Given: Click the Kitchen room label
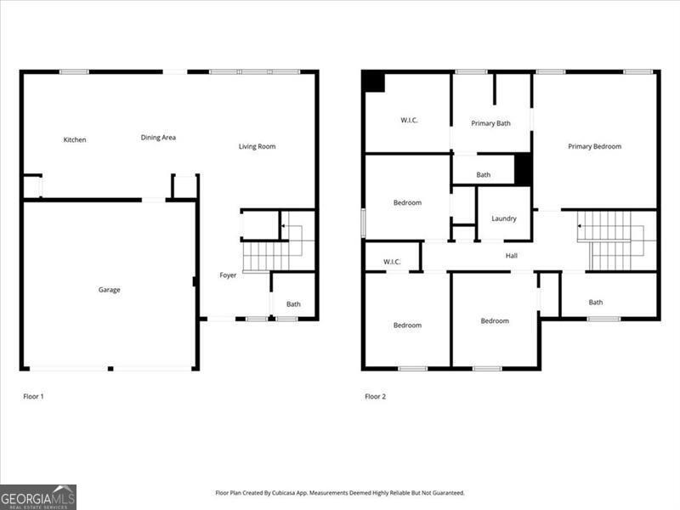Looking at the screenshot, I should (x=75, y=140).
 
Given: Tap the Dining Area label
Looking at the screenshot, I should (x=158, y=138).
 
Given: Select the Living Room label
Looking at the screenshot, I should (x=257, y=147).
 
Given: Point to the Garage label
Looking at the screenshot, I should (x=109, y=290).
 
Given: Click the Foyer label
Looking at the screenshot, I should (x=228, y=275).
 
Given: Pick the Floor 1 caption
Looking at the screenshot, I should (x=33, y=396).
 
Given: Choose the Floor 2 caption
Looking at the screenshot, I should (x=376, y=396).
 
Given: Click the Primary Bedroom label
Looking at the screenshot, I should (x=594, y=147).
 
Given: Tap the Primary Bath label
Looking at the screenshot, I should (x=490, y=124).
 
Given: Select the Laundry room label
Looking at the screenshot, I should (x=503, y=218).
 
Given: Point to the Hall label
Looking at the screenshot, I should (x=511, y=256).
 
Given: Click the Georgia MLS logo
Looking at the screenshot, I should (x=38, y=496).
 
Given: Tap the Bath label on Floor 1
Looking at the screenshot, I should (x=293, y=304).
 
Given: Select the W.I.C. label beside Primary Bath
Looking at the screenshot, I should (x=409, y=121).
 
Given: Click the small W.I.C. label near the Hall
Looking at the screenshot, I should (x=392, y=262).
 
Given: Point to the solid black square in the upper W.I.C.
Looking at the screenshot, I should (x=373, y=82).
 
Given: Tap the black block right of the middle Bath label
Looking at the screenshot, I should (x=524, y=169).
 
